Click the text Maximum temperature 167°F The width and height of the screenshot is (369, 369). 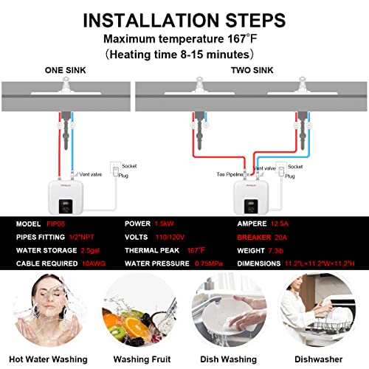point(184,38)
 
